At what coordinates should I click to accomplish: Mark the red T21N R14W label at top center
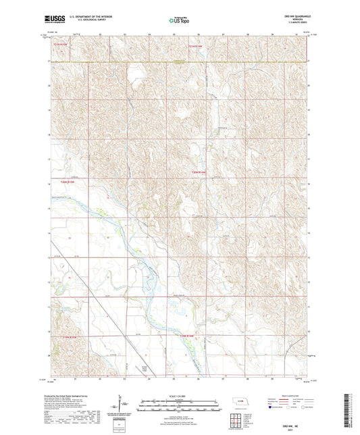195,46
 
